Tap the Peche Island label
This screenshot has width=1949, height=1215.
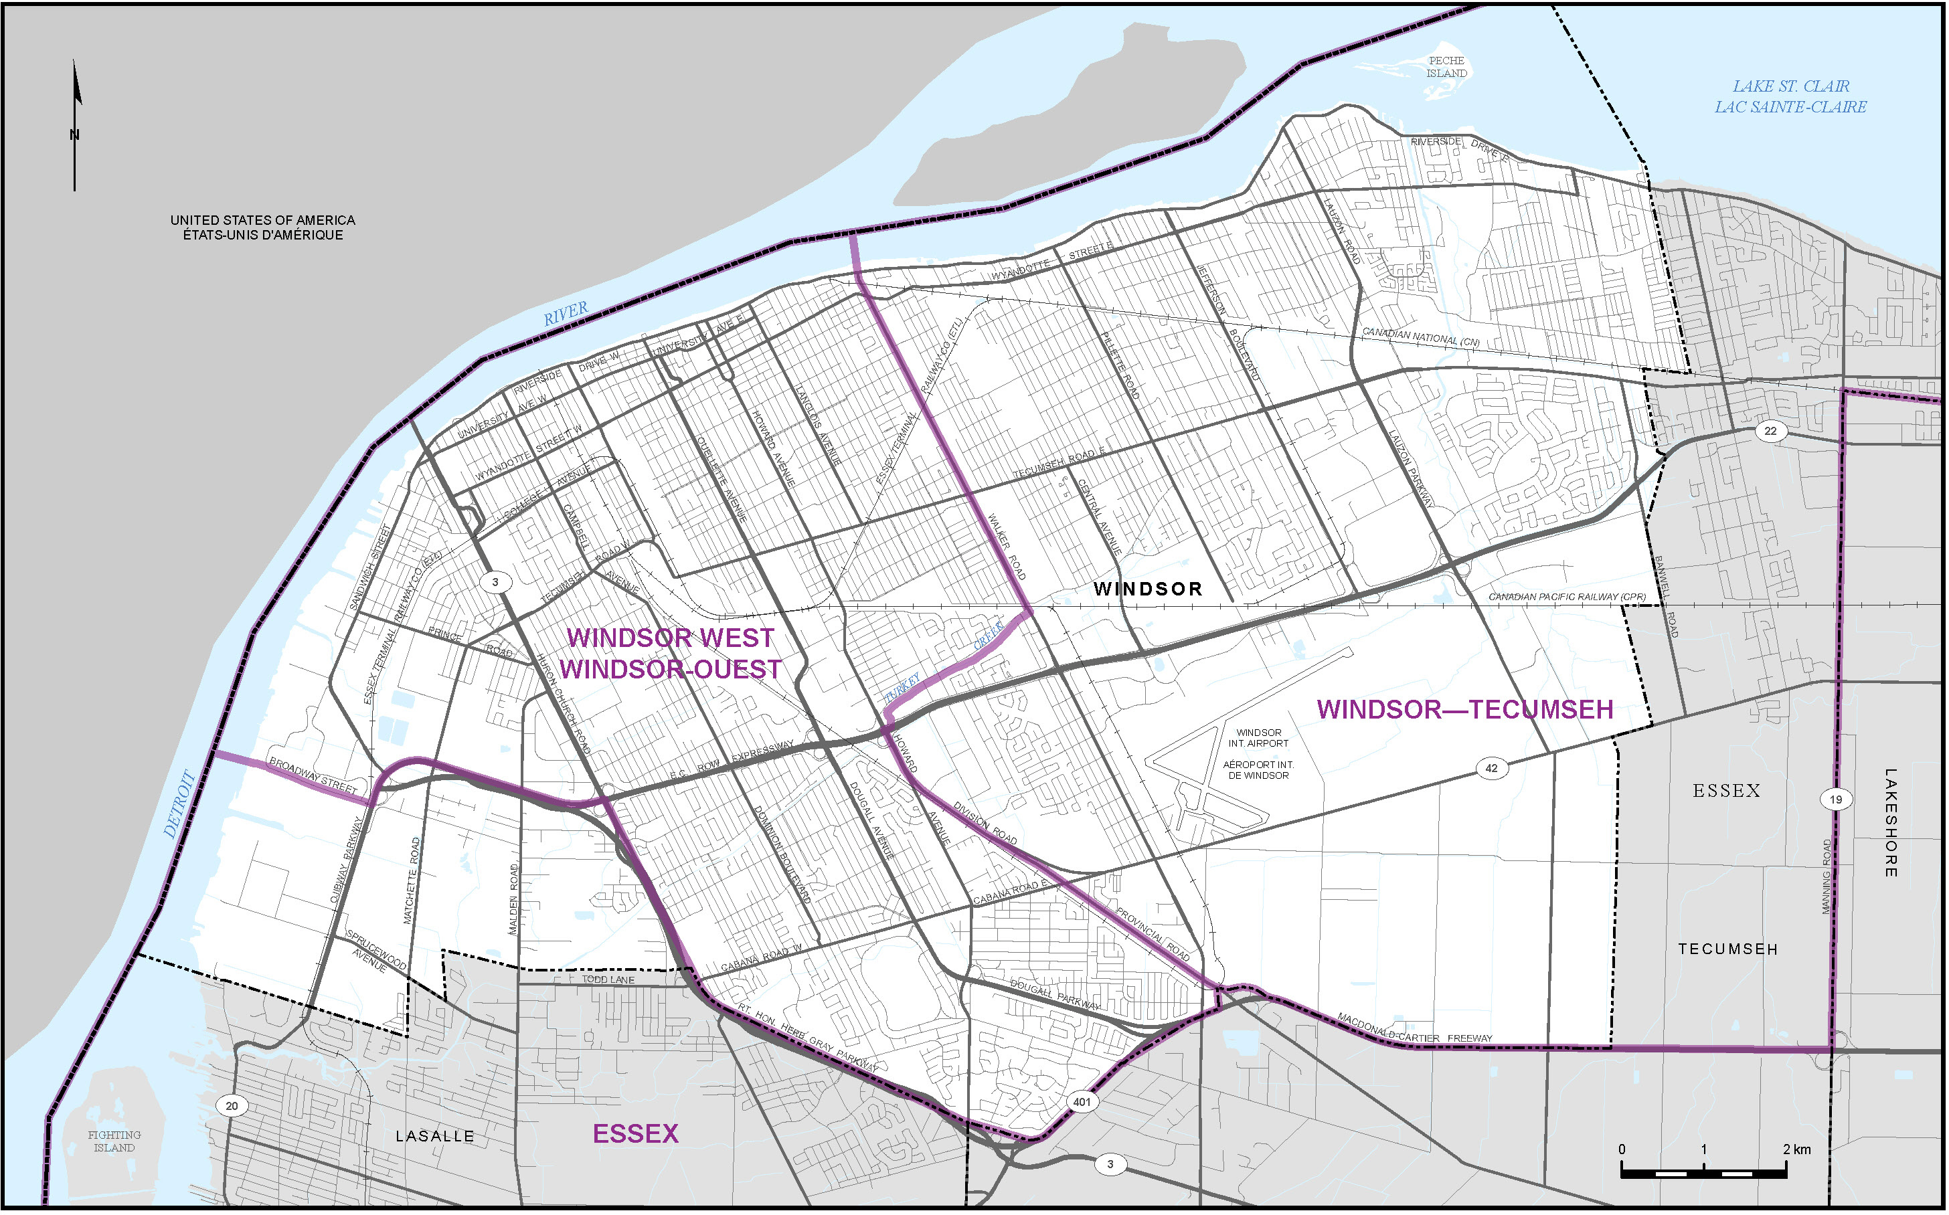click(1446, 67)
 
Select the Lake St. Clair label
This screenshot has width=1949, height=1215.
click(1790, 96)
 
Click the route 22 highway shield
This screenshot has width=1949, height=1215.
click(1770, 431)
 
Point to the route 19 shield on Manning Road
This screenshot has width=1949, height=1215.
click(1836, 800)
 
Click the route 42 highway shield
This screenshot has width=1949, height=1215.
click(1491, 768)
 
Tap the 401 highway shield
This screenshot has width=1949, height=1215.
click(1082, 1102)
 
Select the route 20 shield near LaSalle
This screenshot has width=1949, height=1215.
click(232, 1107)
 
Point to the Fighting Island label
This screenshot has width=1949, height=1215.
click(114, 1142)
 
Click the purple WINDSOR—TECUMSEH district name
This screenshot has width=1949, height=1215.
click(1464, 710)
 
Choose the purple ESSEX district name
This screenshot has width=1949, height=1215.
click(635, 1134)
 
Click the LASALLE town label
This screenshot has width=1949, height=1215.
click(435, 1136)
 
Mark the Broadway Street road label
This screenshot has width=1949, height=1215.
click(313, 775)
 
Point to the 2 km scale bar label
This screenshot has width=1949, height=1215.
click(1796, 1149)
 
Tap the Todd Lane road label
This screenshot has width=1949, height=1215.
click(608, 979)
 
